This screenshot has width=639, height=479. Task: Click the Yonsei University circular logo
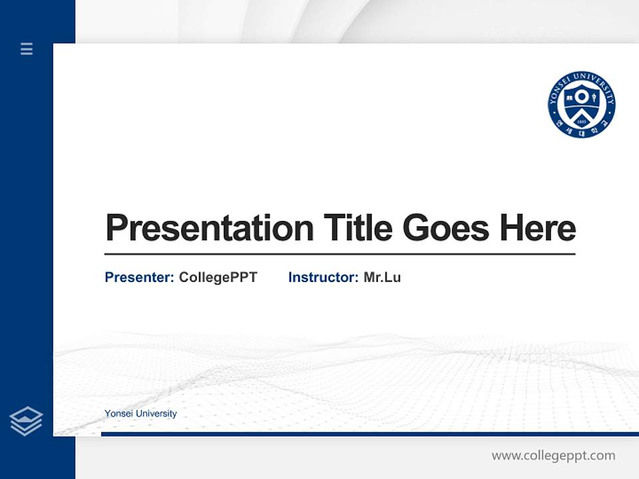pos(581,104)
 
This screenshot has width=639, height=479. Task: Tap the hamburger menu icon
pos(27,49)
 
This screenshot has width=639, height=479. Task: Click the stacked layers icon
pos(26,421)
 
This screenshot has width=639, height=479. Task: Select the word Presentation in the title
pos(209,228)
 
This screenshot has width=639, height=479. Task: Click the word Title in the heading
pos(358,228)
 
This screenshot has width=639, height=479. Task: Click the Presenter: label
pos(139,277)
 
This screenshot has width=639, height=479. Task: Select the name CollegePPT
pos(218,277)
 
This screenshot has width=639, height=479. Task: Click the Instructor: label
pos(323,277)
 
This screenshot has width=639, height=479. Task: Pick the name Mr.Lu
pos(382,277)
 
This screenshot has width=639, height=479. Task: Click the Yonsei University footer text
pos(140,414)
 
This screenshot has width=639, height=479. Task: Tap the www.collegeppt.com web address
pos(553,456)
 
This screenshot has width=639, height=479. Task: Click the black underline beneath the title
pos(339,254)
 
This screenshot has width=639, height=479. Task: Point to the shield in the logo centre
pos(581,102)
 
